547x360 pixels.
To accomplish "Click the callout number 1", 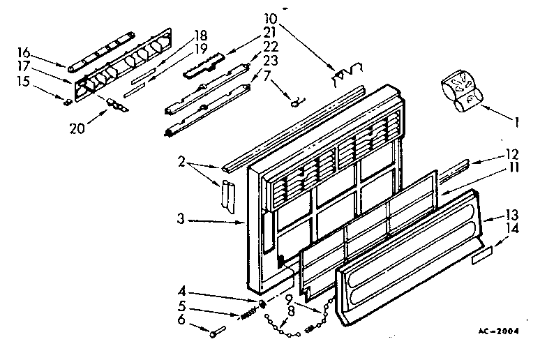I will [517, 123].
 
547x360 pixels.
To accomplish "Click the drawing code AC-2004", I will [499, 331].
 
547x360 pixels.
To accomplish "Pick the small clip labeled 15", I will [68, 102].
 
